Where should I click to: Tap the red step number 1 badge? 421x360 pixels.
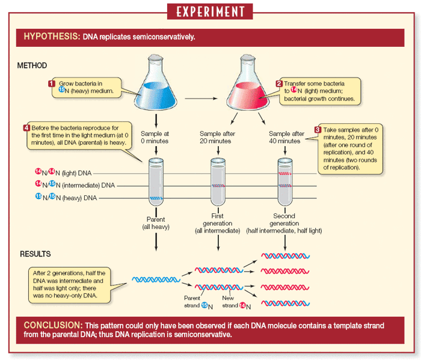click(52, 84)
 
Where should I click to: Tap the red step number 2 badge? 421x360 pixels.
click(278, 84)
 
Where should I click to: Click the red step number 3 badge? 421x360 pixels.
click(318, 130)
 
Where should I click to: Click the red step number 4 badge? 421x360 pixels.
click(26, 127)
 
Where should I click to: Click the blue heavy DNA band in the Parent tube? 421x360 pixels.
click(156, 198)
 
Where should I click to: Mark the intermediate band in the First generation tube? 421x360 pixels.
click(218, 186)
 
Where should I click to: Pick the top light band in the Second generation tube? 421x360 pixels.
click(284, 173)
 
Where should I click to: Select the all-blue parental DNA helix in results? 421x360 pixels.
click(156, 279)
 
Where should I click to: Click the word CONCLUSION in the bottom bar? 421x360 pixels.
click(49, 325)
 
